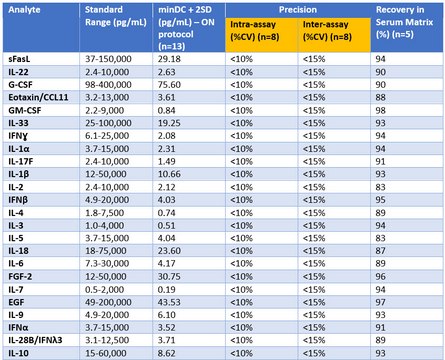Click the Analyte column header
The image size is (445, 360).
(x=24, y=10)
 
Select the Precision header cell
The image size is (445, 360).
(x=298, y=10)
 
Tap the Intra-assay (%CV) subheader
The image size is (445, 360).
(x=254, y=30)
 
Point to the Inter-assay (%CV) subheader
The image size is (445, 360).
(x=327, y=30)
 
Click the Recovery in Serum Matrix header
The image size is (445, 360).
(x=404, y=22)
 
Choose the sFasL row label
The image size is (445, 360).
(x=19, y=59)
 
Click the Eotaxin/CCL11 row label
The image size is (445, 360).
(x=38, y=97)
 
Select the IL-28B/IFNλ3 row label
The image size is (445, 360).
(x=35, y=340)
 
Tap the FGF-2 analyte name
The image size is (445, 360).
(x=20, y=277)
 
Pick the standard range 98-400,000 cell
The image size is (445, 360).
(x=108, y=85)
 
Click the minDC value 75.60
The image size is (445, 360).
(x=169, y=85)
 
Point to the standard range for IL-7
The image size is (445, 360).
(x=104, y=289)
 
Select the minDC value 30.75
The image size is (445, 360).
(x=169, y=277)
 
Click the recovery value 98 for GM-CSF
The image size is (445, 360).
(x=381, y=110)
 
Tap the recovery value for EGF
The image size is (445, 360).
(x=381, y=302)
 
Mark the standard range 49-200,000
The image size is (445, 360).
(x=108, y=302)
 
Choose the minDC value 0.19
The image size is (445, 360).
(x=167, y=289)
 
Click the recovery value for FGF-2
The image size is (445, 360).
(x=381, y=277)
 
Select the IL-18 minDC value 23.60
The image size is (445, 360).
(x=169, y=251)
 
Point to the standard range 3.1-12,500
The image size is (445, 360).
(x=107, y=340)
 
